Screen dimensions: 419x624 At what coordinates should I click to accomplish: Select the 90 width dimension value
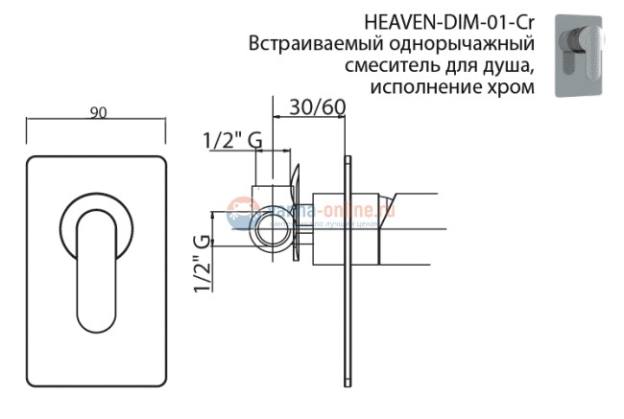click(x=97, y=112)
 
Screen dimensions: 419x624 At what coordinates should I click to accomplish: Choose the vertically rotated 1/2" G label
click(x=203, y=263)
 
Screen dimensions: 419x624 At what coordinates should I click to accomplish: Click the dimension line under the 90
click(x=97, y=121)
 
